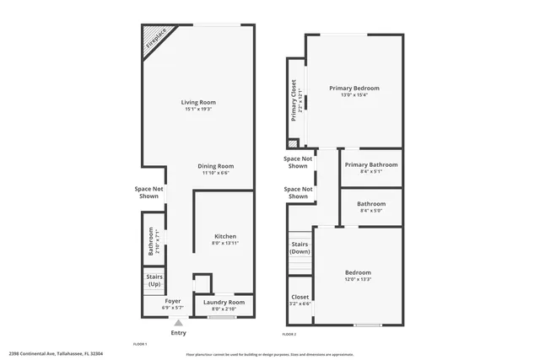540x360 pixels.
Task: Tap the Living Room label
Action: (x=198, y=103)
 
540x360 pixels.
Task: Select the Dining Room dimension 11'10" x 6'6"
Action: (x=216, y=173)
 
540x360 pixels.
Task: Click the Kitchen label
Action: (x=224, y=236)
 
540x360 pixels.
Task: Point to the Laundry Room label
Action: (x=224, y=302)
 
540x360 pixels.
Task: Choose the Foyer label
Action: (x=172, y=301)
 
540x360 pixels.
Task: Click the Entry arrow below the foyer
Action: (x=178, y=322)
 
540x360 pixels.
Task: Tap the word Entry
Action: (x=178, y=333)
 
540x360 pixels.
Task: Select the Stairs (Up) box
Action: (x=154, y=280)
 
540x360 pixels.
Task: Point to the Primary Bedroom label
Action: (x=354, y=88)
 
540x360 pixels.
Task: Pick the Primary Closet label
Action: (x=295, y=100)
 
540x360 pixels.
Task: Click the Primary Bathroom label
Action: (x=370, y=164)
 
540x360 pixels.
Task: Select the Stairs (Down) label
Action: (x=300, y=248)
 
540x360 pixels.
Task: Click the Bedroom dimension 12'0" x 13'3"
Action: (x=358, y=279)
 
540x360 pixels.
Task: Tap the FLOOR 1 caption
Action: (x=140, y=344)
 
